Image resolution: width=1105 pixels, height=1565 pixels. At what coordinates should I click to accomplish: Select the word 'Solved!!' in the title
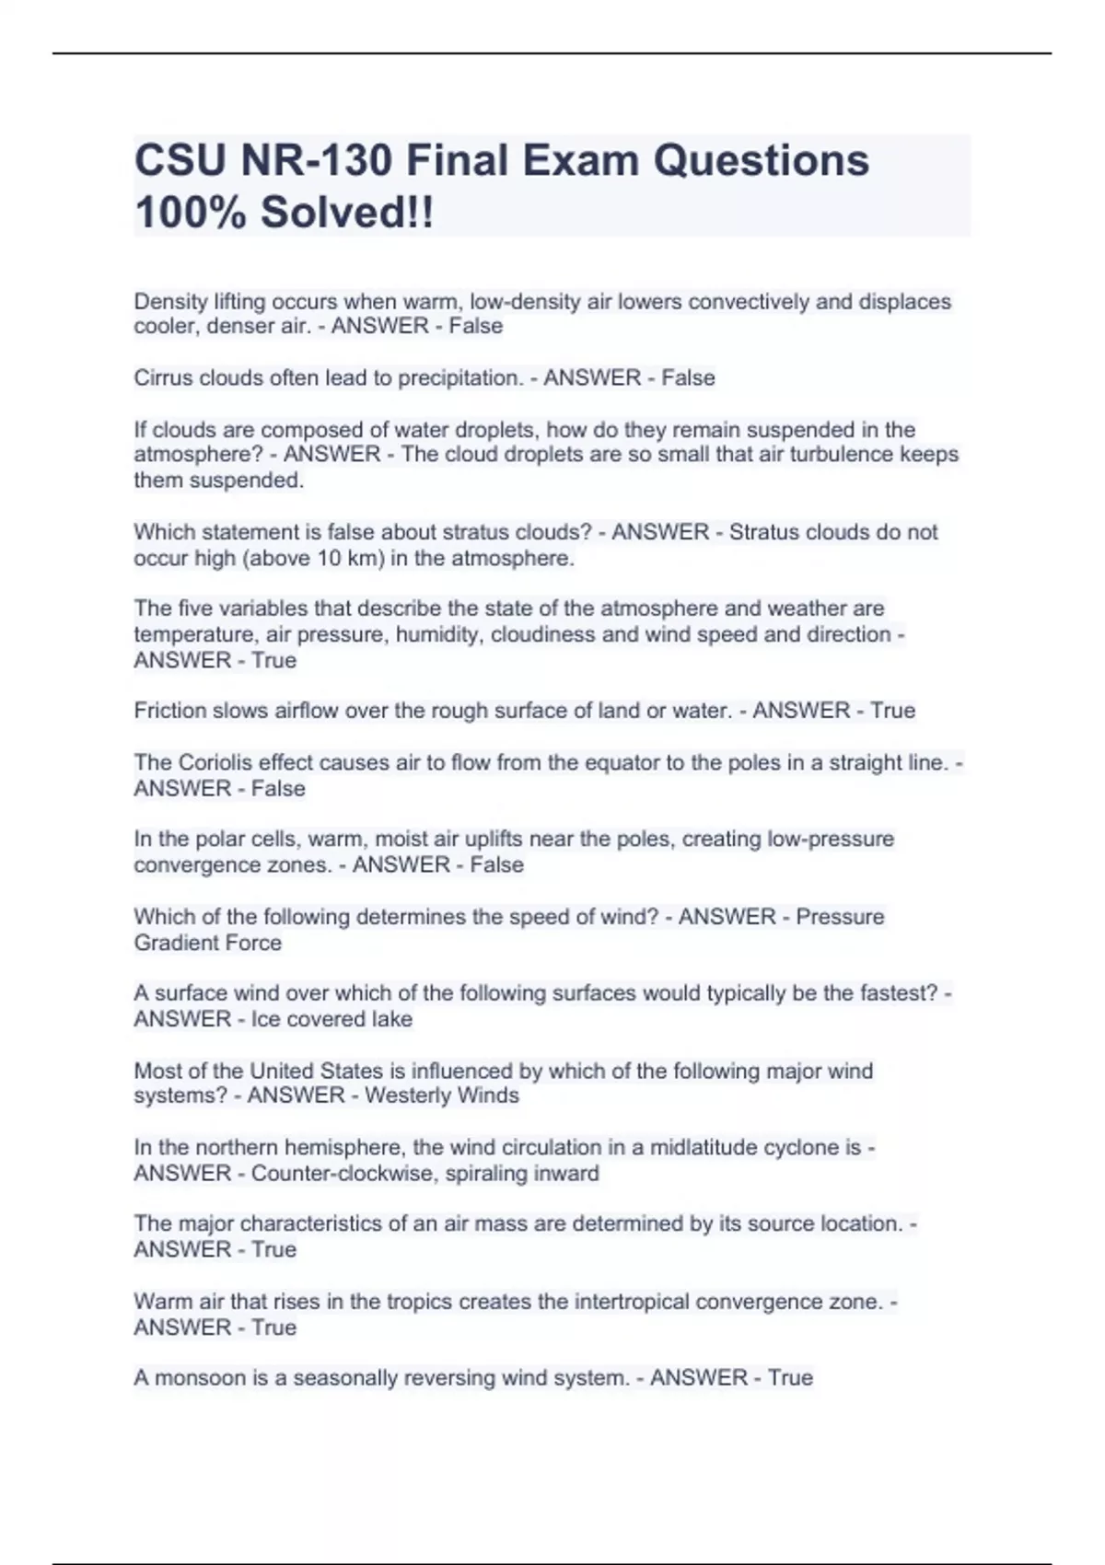coord(346,213)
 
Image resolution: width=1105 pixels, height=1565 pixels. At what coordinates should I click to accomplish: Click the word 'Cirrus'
coord(164,377)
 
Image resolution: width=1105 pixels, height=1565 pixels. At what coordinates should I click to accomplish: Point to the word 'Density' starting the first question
coord(172,302)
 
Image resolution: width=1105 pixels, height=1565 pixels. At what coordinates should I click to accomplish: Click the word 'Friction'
coord(170,711)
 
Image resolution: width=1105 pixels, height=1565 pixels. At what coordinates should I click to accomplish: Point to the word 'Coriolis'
coord(215,762)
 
